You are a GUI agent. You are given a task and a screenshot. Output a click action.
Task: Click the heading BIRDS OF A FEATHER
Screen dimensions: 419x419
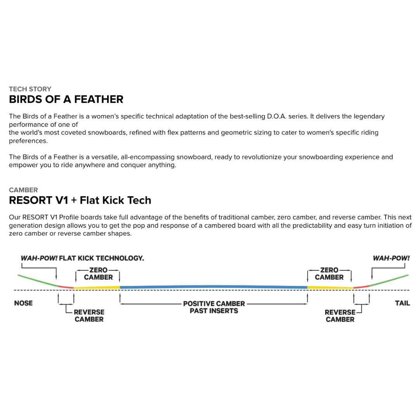pos(66,99)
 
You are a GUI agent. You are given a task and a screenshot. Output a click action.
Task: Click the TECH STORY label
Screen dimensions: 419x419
pos(30,89)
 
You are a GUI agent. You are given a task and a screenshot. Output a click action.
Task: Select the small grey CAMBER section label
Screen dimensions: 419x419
pos(23,190)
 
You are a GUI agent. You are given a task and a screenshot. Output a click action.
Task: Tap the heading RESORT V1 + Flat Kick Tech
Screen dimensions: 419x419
pos(80,200)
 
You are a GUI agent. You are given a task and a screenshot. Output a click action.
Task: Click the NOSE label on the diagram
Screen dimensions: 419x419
pos(23,303)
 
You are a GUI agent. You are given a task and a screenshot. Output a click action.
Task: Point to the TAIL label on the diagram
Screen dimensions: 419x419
pos(402,303)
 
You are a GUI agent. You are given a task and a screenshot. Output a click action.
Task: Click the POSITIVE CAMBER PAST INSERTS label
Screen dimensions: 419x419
pos(214,307)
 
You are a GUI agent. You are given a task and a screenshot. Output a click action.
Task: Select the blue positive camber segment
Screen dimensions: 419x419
pos(213,286)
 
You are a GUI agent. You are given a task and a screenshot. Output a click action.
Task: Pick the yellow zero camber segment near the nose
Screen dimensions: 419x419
pos(97,287)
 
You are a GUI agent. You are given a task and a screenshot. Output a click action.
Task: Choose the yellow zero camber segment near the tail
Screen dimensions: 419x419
pos(330,287)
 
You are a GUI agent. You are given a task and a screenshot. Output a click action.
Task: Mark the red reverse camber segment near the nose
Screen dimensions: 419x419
pos(66,287)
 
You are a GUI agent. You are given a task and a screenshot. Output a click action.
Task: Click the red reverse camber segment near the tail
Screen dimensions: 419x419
pos(361,287)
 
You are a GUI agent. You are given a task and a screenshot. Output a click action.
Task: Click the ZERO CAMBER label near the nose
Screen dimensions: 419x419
pos(98,274)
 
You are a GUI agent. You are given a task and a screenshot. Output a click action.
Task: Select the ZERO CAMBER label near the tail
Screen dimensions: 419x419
pos(329,274)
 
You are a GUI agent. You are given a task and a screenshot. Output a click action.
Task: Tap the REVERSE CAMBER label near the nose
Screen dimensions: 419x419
pos(89,315)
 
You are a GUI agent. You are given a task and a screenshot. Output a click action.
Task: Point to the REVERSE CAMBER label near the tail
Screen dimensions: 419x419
pos(340,315)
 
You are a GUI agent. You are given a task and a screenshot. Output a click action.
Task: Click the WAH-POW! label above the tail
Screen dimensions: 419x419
pos(391,258)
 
